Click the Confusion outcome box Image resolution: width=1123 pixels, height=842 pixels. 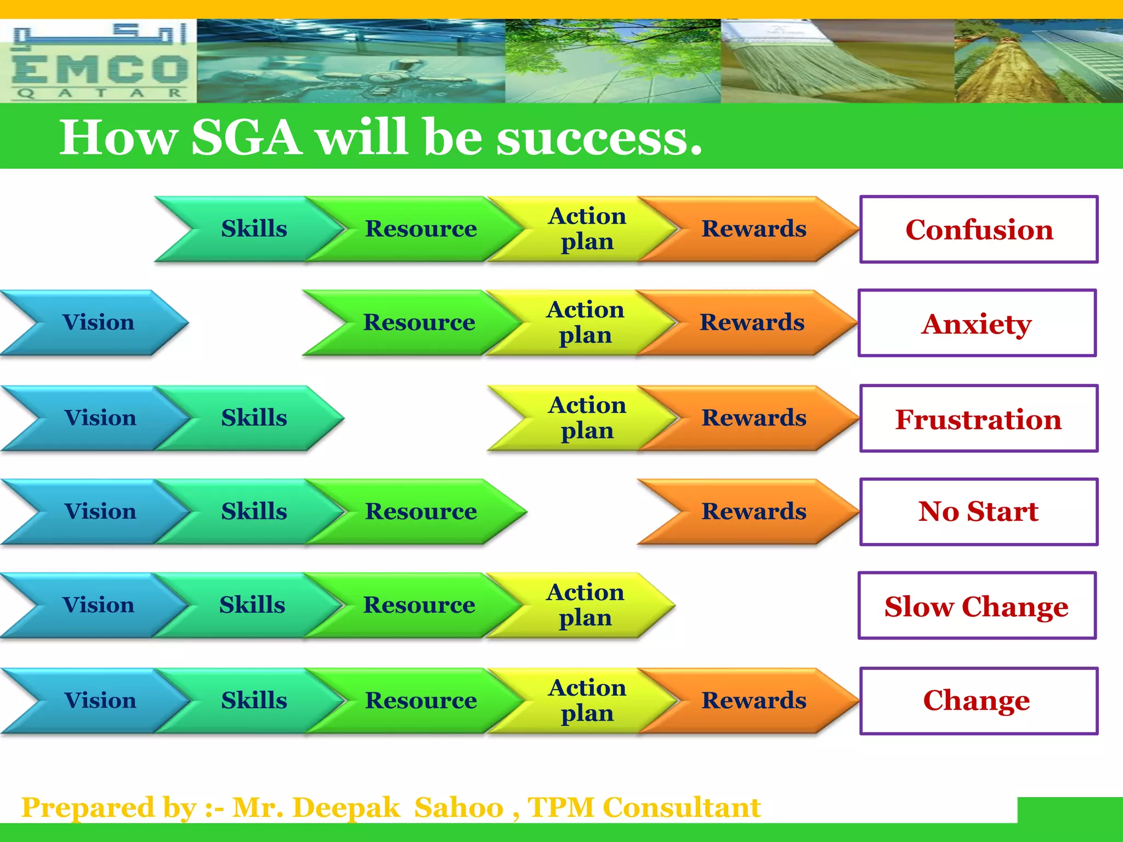pyautogui.click(x=979, y=229)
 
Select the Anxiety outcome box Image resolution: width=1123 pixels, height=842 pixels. pyautogui.click(x=977, y=323)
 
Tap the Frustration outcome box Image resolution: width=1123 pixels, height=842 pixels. pyautogui.click(x=979, y=418)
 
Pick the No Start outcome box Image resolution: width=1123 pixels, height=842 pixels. pyautogui.click(x=979, y=511)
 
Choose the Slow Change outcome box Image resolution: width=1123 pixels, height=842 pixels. pyautogui.click(x=977, y=606)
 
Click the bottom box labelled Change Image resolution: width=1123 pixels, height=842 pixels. pyautogui.click(x=979, y=701)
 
